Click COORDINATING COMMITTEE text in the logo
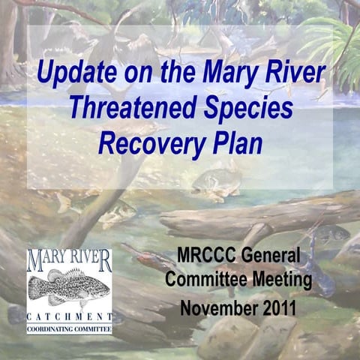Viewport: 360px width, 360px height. [70, 326]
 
